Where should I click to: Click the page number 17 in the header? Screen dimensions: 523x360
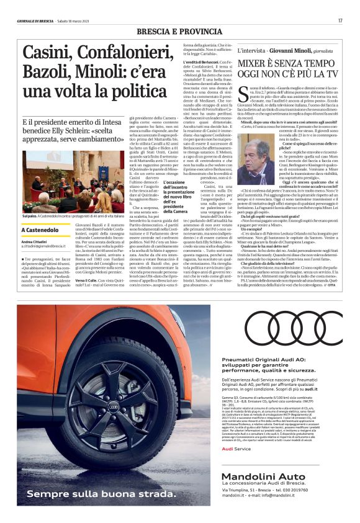click(340, 20)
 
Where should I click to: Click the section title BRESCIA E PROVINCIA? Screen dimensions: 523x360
click(180, 32)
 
